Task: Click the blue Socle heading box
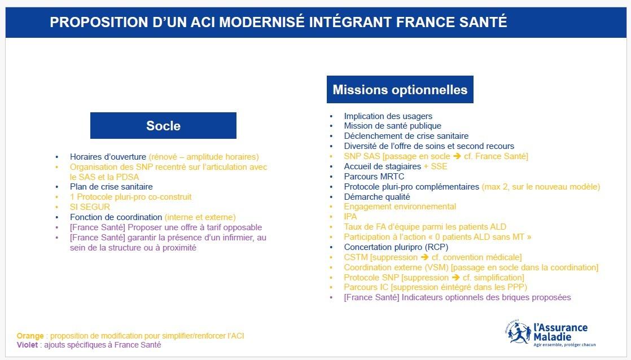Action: click(163, 125)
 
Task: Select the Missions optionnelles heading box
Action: click(400, 90)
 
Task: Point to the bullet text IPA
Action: click(350, 217)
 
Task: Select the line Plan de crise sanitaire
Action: click(111, 187)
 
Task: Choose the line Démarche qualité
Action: click(376, 197)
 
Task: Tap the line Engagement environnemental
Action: click(400, 207)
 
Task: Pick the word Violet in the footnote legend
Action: click(27, 345)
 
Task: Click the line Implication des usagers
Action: click(388, 116)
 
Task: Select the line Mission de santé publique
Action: click(392, 126)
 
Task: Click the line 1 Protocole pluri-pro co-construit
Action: click(130, 197)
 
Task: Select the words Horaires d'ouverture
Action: click(108, 157)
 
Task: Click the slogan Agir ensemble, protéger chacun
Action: click(564, 345)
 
